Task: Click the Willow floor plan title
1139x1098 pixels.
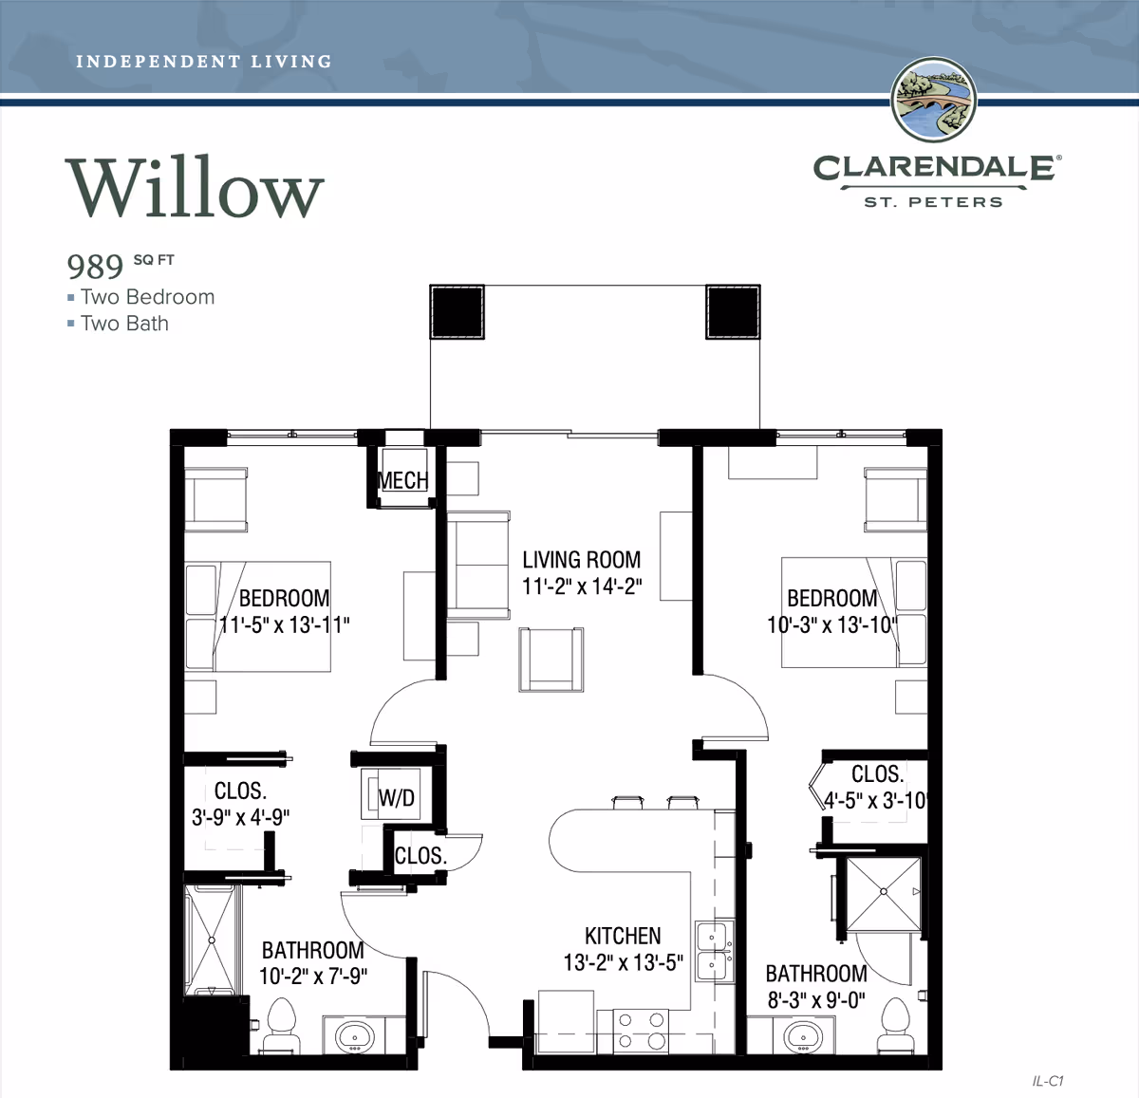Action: pos(195,188)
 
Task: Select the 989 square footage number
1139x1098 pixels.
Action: pos(95,267)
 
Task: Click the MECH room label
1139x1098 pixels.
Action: pos(402,481)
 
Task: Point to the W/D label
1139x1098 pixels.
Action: pos(397,798)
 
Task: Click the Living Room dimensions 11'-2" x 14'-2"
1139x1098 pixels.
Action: pos(582,586)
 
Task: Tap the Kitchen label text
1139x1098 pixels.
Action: pos(623,936)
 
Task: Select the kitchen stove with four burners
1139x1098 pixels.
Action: pos(641,1031)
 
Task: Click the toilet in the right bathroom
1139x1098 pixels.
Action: pos(895,1027)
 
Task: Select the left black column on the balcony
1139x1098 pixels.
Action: pos(457,311)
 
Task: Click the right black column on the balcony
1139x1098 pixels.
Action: pos(732,311)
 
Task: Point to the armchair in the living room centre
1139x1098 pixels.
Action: pos(551,660)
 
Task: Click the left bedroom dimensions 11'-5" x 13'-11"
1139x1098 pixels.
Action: pos(285,625)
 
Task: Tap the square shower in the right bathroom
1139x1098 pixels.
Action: pos(883,894)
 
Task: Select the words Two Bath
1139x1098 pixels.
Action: pos(124,324)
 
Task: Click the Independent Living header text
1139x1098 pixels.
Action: pos(203,62)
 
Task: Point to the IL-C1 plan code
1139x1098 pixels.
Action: pos(1047,1081)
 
